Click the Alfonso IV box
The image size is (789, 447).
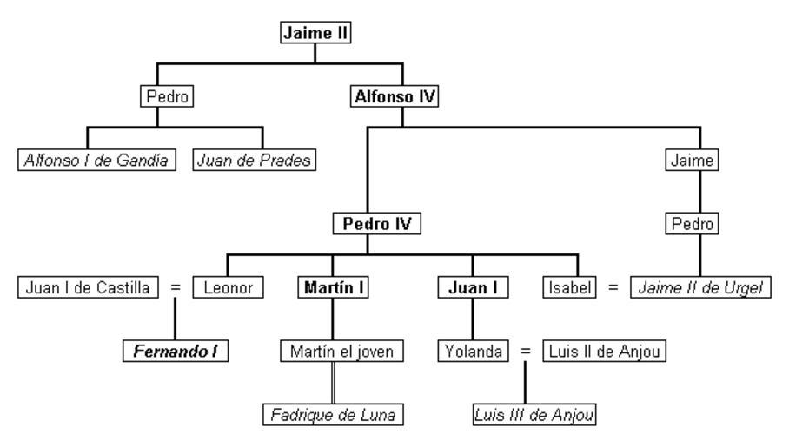pyautogui.click(x=394, y=96)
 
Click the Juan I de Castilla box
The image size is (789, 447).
pyautogui.click(x=88, y=287)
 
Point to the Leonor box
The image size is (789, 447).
pyautogui.click(x=229, y=287)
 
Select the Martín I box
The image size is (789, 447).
pyautogui.click(x=334, y=287)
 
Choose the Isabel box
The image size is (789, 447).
pyautogui.click(x=571, y=287)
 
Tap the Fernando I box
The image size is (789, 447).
pyautogui.click(x=174, y=352)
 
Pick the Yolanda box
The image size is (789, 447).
pyautogui.click(x=472, y=352)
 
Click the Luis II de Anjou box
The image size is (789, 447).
pyautogui.click(x=604, y=352)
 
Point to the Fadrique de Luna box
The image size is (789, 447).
pyautogui.click(x=334, y=415)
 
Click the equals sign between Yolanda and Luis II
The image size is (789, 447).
pyautogui.click(x=525, y=352)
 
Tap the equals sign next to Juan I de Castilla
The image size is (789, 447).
pyautogui.click(x=176, y=287)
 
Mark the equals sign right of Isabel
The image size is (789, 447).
pyautogui.click(x=613, y=287)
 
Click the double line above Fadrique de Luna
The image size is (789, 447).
pyautogui.click(x=334, y=383)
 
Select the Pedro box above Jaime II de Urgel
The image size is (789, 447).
pyautogui.click(x=695, y=224)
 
